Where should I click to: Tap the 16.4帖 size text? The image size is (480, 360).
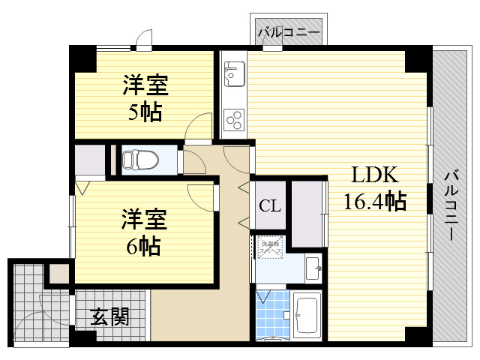(374, 201)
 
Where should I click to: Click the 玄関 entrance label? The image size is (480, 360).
(110, 317)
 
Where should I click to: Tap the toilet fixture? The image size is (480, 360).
(140, 160)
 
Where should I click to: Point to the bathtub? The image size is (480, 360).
(307, 316)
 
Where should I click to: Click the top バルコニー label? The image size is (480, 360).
(289, 33)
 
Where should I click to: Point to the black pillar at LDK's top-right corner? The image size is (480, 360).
(415, 60)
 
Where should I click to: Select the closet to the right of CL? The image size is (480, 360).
(306, 214)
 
